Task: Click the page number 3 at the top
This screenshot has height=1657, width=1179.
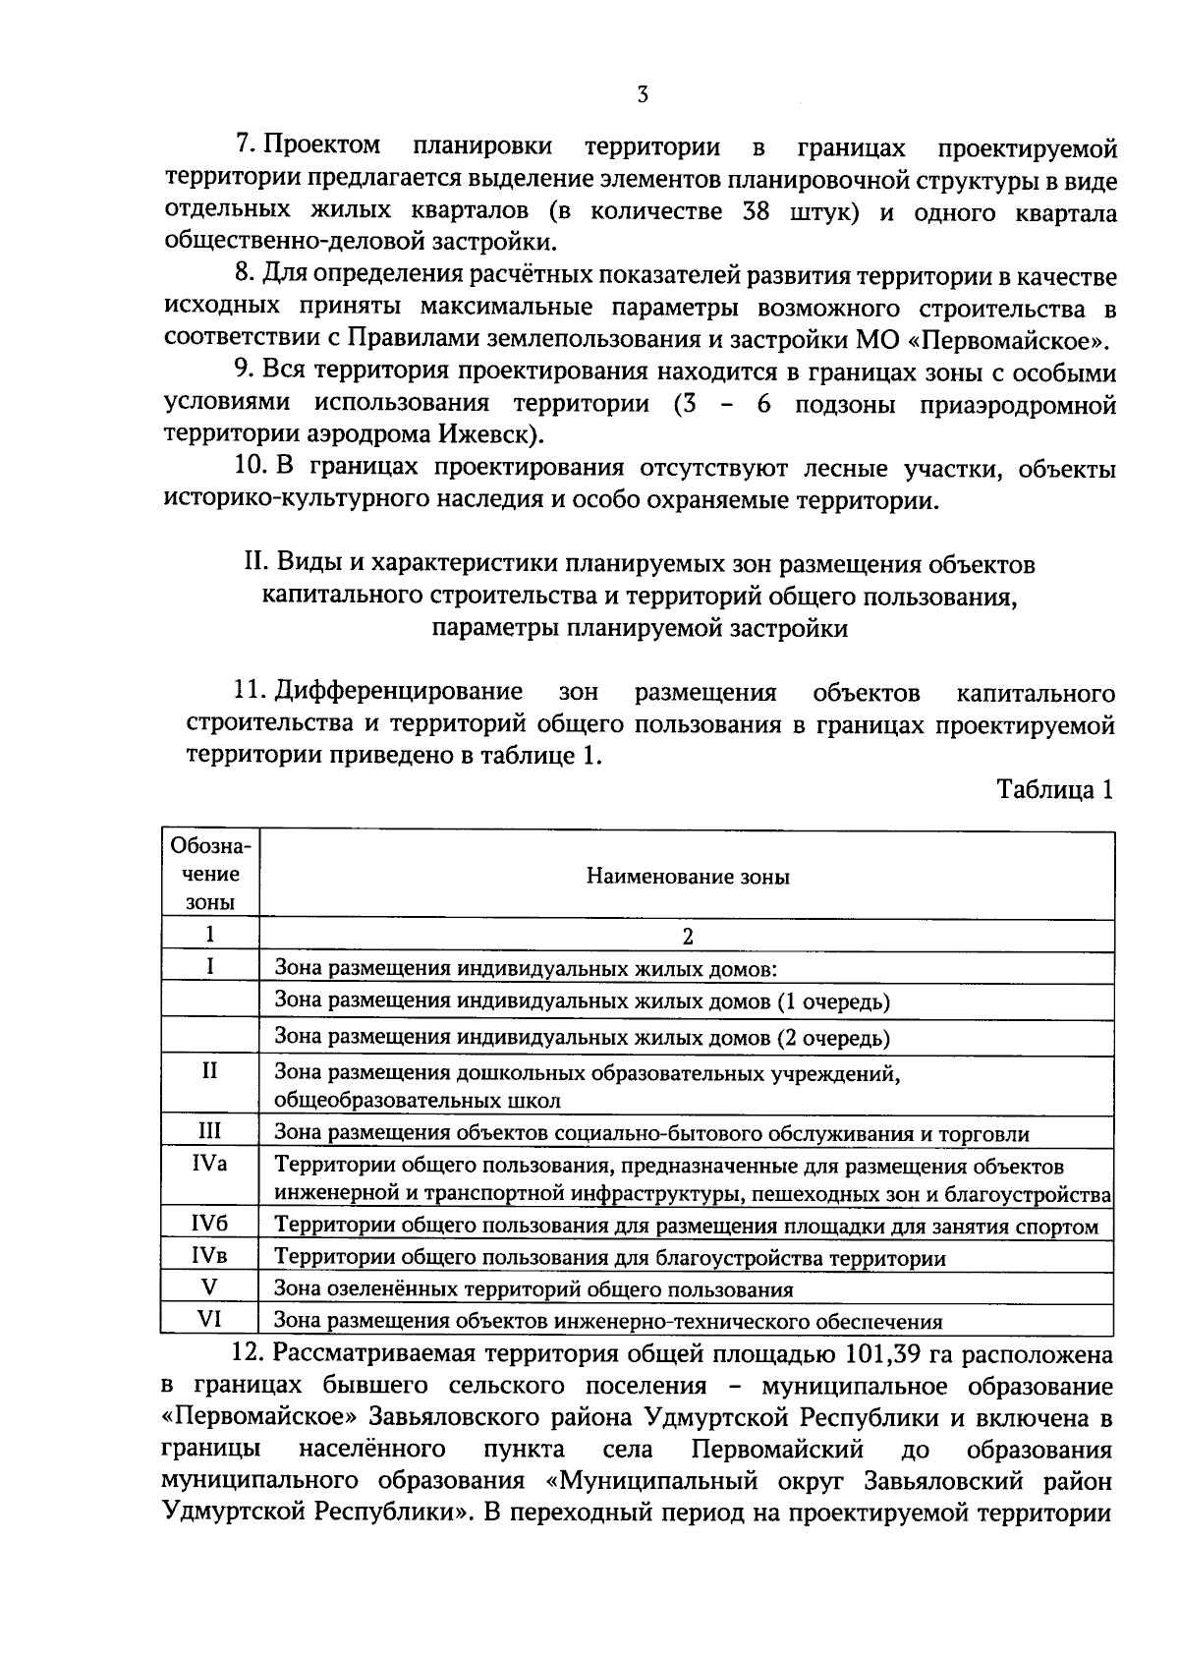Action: pos(642,94)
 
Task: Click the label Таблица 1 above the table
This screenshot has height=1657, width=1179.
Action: pos(1054,791)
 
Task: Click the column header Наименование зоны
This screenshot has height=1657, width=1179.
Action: pos(688,877)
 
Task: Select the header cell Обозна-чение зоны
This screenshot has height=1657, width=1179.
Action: pos(210,875)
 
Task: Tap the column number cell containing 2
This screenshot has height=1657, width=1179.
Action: pos(688,937)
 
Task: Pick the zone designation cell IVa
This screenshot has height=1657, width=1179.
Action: pos(210,1164)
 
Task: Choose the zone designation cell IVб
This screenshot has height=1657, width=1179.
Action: pos(210,1224)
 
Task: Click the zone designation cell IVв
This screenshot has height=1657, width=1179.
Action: pos(210,1255)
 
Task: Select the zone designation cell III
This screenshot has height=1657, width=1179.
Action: pos(210,1132)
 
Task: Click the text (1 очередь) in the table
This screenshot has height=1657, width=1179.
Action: pos(833,1002)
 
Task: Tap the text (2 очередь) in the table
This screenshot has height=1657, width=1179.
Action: pos(833,1038)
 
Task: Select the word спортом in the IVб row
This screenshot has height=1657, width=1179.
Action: pos(1059,1227)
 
